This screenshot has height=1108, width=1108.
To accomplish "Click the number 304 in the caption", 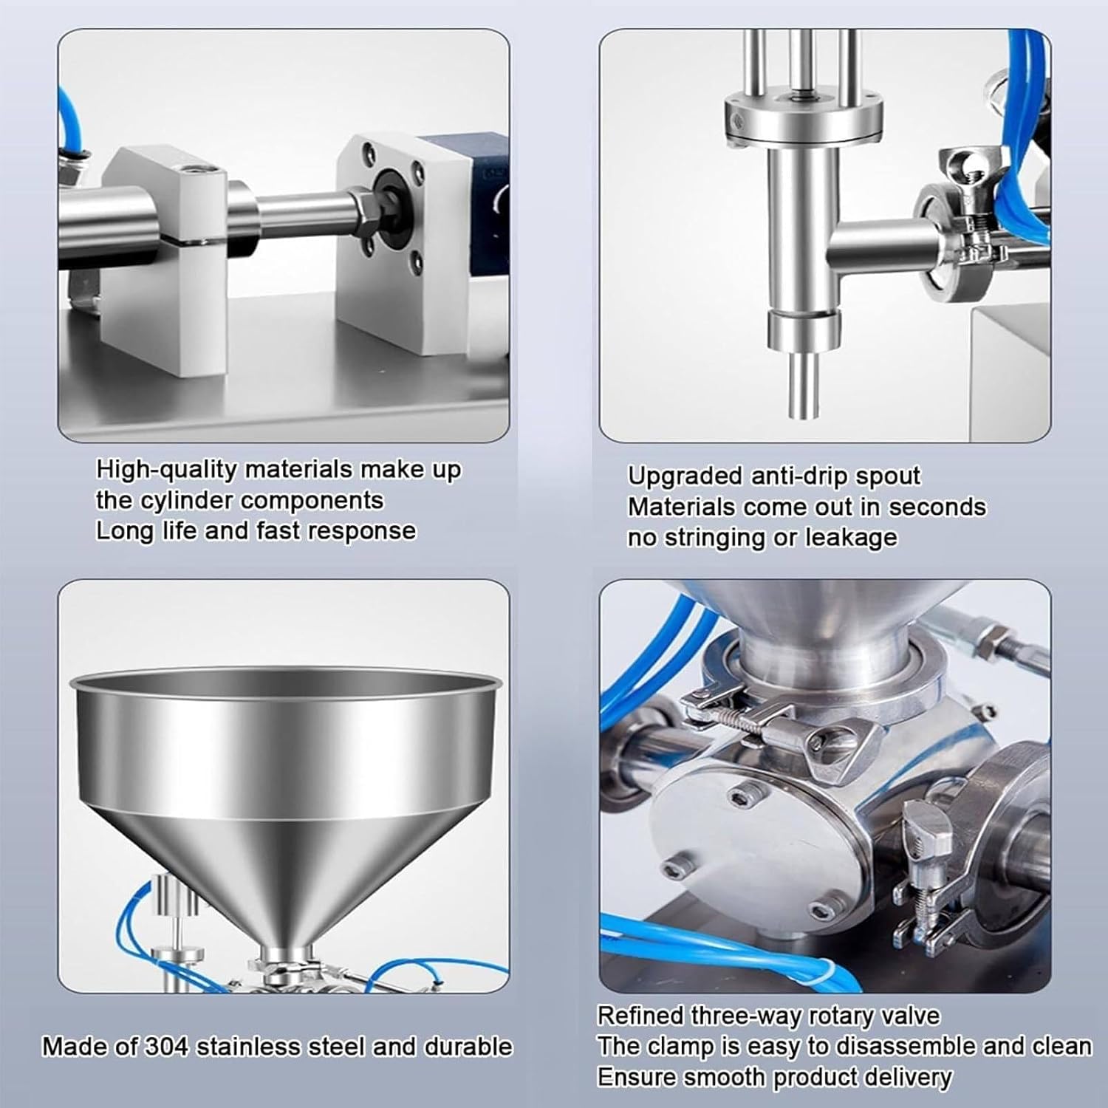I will pos(166,1047).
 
